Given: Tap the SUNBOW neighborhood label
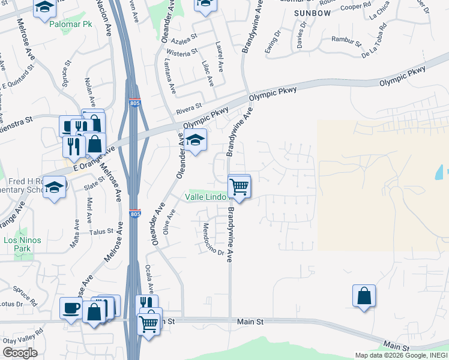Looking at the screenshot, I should [312, 12].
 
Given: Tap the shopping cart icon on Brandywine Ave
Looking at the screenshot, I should [239, 188].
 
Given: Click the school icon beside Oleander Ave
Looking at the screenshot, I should [195, 141].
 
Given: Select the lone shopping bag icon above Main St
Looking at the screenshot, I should [364, 296].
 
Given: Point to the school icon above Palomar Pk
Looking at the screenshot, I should [44, 8].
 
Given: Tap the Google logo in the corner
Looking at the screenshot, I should [20, 353].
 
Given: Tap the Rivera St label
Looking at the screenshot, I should [188, 109].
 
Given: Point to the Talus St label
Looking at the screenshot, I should [101, 232].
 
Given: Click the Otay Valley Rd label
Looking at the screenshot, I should [22, 338].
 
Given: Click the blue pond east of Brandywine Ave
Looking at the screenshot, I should [436, 173].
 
